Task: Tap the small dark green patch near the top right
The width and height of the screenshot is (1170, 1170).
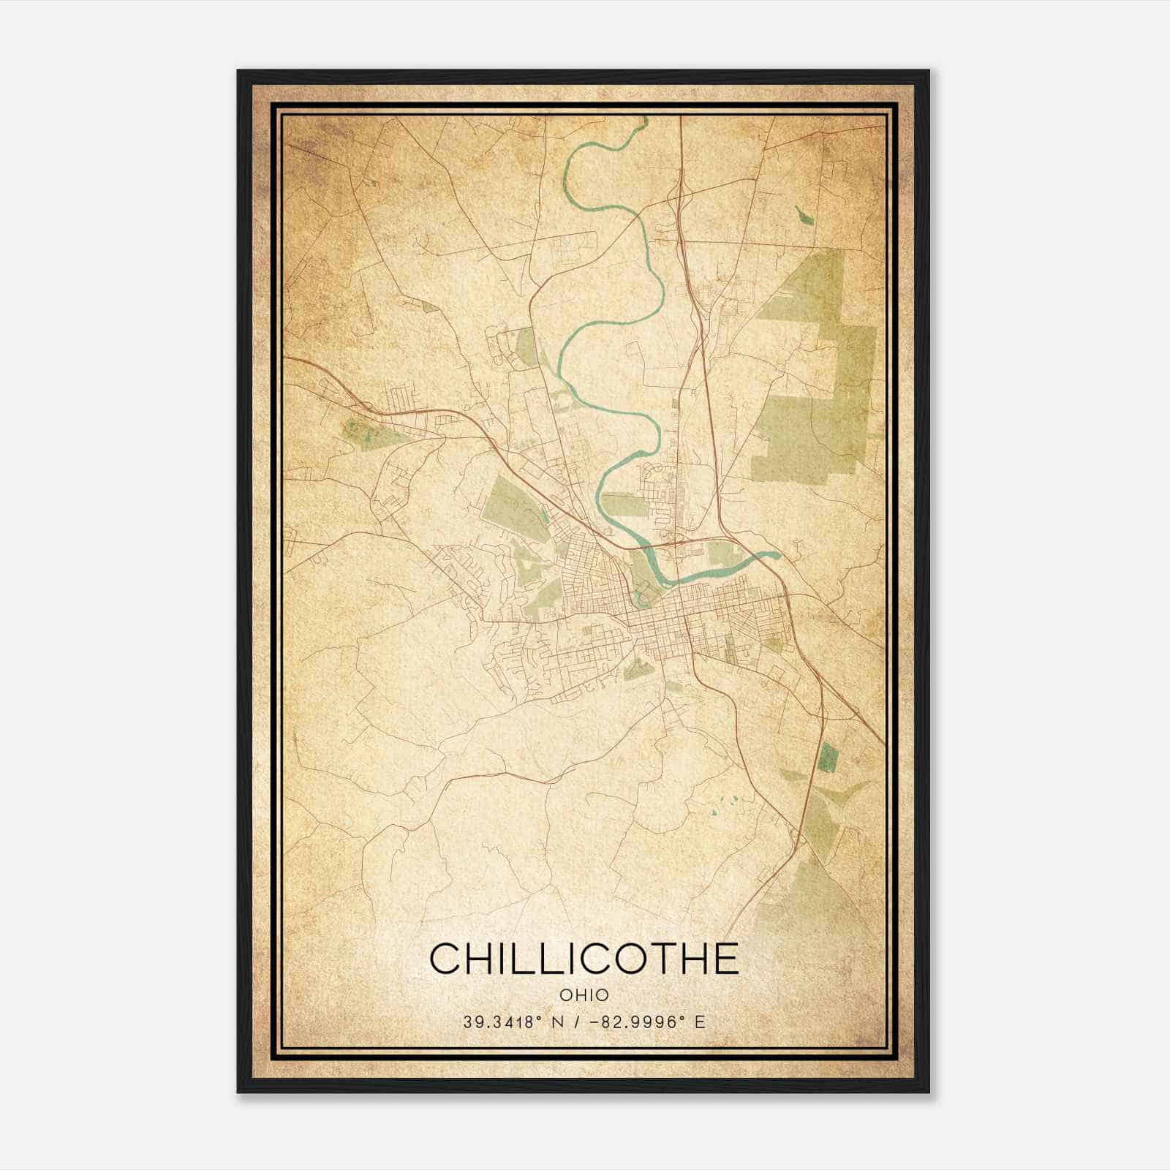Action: click(x=803, y=215)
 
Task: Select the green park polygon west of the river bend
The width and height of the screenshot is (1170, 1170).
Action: click(x=512, y=505)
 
